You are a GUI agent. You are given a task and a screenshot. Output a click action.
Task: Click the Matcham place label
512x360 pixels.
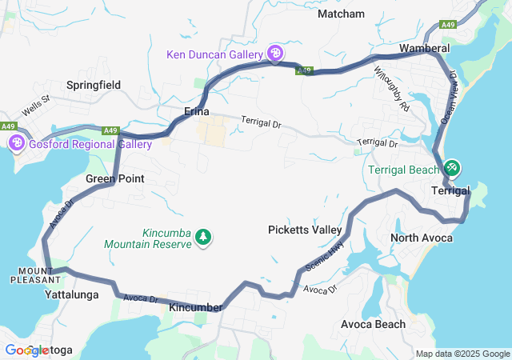[x=341, y=14]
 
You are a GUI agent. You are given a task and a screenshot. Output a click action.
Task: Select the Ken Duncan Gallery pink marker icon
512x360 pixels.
[x=275, y=54]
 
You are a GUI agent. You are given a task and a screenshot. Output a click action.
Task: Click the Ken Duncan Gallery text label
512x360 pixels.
[x=214, y=54]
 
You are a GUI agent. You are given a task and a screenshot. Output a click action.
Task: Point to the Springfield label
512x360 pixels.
[x=94, y=84]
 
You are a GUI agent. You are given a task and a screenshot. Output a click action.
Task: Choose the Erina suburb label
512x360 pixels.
[x=197, y=111]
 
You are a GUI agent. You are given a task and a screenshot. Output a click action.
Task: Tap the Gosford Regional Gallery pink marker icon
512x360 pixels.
[x=17, y=144]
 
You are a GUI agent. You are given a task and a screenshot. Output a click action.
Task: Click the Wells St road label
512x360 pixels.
[x=36, y=104]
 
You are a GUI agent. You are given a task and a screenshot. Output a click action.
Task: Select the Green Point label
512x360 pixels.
[x=114, y=178]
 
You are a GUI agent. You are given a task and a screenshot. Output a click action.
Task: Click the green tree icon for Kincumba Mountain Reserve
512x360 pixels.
[x=204, y=238]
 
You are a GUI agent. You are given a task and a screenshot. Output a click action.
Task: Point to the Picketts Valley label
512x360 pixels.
[x=305, y=230]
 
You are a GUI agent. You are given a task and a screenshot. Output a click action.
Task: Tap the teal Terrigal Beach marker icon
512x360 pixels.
[x=452, y=169]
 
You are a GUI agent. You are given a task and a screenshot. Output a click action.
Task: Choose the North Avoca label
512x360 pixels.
[x=422, y=238]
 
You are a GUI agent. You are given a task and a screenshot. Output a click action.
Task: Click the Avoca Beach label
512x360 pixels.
[x=373, y=324]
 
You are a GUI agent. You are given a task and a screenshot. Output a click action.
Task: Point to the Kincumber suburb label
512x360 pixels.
[x=195, y=307]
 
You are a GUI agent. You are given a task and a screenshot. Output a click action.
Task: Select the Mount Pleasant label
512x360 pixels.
[x=34, y=275]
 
